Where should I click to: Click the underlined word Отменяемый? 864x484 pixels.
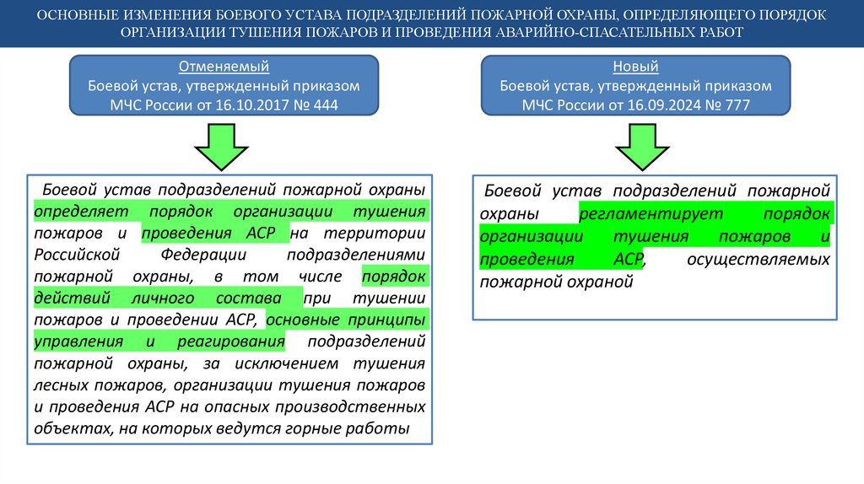[x=224, y=67]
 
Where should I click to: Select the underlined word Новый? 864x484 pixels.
[x=635, y=67]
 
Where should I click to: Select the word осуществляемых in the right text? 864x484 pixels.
[x=758, y=260]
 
